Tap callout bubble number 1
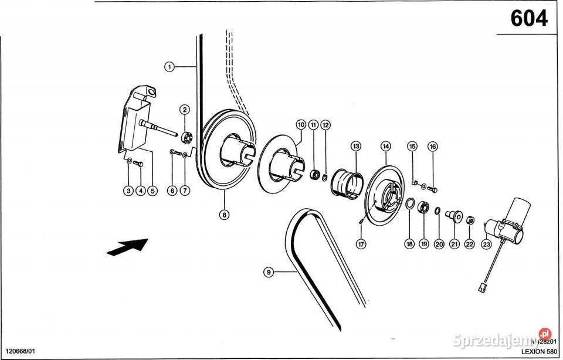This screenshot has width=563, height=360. tap(169, 67)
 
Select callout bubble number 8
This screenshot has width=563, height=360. tap(224, 214)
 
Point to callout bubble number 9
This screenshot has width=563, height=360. tap(268, 271)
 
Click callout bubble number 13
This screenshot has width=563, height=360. tap(355, 145)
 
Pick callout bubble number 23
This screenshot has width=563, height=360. tap(487, 243)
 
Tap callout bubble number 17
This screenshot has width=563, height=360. tap(362, 243)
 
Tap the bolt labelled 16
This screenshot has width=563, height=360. tap(433, 188)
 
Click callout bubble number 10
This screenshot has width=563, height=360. tap(301, 125)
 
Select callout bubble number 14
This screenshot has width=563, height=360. tap(385, 145)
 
